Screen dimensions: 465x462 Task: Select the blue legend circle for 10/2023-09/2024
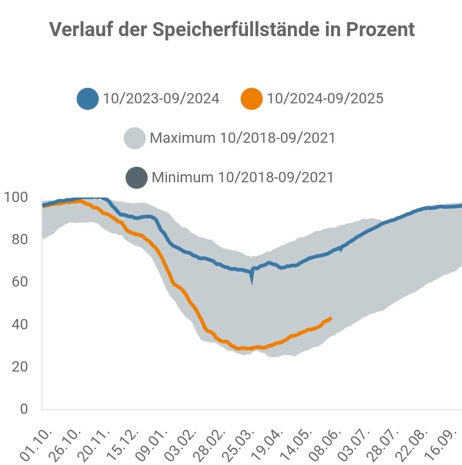pos(88,99)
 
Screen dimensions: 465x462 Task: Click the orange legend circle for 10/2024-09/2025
pos(251,99)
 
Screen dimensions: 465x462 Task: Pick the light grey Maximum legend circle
pos(135,139)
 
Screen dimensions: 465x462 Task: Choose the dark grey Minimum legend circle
pos(136,178)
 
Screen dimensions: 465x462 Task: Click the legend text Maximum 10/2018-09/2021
pos(242,139)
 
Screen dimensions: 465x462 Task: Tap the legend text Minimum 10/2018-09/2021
pos(243,178)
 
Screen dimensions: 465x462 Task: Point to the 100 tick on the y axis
pos(17,197)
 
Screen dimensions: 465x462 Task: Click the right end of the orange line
pos(331,318)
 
